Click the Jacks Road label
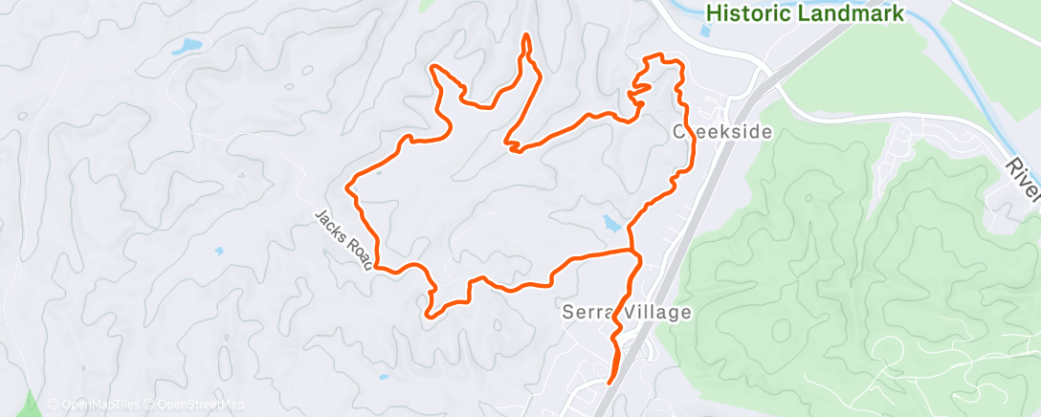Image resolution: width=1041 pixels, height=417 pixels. click(x=341, y=238)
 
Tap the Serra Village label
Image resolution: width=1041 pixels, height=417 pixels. click(x=624, y=313)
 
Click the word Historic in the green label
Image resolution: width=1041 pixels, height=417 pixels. click(x=752, y=13)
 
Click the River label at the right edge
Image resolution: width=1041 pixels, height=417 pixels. click(x=1023, y=178)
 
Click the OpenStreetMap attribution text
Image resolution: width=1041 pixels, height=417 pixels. click(x=195, y=405)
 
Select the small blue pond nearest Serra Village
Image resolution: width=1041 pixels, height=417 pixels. click(x=610, y=224)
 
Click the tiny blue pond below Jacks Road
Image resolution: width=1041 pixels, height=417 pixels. click(x=219, y=252)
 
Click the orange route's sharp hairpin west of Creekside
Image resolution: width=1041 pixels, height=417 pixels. click(x=512, y=146)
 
